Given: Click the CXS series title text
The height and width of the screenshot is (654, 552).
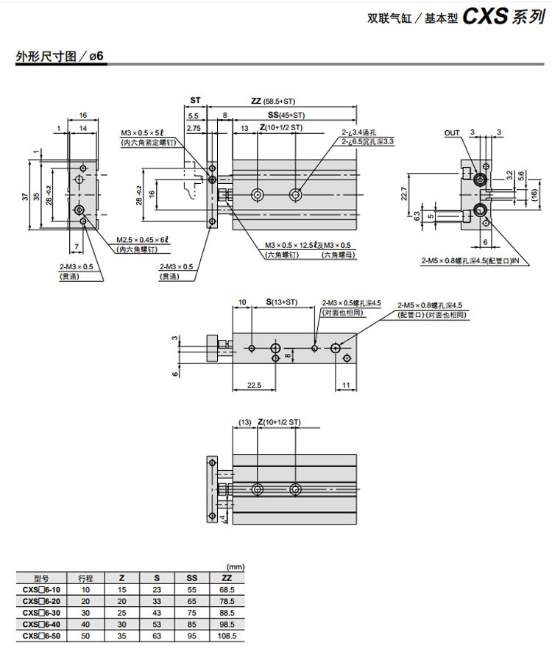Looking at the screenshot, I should tap(503, 18).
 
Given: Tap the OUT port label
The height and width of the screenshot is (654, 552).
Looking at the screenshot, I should tap(452, 133).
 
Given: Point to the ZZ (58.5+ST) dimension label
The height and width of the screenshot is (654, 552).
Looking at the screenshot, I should tap(273, 101).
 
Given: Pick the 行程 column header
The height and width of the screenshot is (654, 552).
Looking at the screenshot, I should tap(85, 578).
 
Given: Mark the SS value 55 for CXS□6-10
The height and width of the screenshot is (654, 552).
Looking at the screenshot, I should tap(192, 589).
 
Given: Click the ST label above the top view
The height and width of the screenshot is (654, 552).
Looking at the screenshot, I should tap(195, 101).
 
